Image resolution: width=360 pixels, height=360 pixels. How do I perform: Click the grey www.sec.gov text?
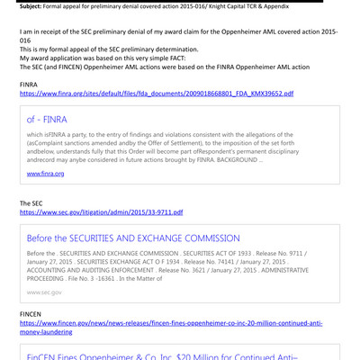44,292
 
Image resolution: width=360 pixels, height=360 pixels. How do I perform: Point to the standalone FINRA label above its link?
31,84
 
